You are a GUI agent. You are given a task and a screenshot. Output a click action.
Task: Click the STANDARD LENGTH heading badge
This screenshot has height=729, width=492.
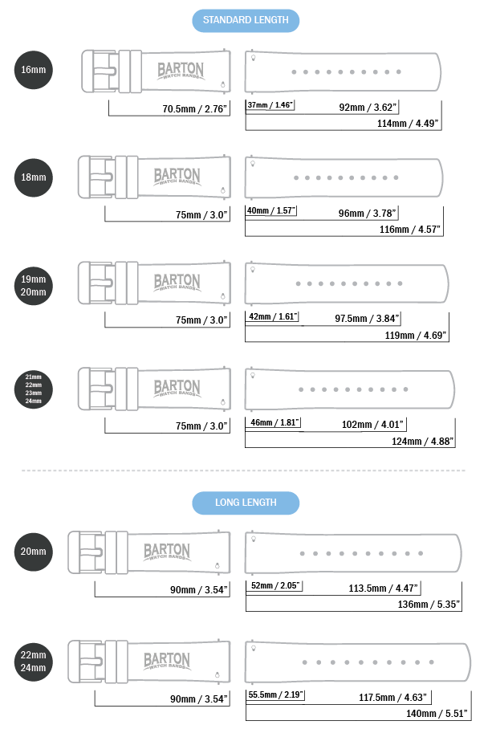(246, 20)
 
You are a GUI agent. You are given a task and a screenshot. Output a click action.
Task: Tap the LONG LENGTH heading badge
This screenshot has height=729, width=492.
(246, 503)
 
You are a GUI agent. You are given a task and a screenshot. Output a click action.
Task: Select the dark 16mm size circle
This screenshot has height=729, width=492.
(34, 70)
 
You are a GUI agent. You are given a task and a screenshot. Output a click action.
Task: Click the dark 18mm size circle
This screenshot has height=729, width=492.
(34, 177)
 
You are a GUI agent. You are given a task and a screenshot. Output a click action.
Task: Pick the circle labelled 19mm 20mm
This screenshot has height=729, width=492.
(34, 286)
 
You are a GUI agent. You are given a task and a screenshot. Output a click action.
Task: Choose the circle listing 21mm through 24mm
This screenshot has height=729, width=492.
(34, 389)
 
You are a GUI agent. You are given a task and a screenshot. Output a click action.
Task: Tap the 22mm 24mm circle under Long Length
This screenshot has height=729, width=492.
(34, 662)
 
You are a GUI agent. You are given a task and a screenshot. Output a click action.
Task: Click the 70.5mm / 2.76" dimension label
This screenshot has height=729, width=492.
(195, 109)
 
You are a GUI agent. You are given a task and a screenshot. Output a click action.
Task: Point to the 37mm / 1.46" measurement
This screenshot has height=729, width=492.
(270, 105)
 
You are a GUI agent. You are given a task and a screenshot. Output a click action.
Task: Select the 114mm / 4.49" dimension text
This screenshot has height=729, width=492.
(408, 123)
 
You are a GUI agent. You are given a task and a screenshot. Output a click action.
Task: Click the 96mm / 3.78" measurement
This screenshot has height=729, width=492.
(367, 214)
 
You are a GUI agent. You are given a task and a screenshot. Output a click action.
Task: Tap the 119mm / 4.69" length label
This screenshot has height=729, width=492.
(415, 336)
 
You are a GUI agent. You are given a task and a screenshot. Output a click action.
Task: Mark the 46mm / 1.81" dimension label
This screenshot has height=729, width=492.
(274, 422)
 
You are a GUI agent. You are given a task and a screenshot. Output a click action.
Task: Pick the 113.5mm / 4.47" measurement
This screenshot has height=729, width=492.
(384, 588)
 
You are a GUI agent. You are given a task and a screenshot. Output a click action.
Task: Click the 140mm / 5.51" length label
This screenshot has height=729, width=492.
(437, 713)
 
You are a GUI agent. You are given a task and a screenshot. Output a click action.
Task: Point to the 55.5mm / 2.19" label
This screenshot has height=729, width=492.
(275, 694)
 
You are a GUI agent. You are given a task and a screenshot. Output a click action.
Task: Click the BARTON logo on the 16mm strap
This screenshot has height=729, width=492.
(181, 71)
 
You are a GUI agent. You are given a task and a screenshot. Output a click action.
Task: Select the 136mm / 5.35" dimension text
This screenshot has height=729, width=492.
(429, 605)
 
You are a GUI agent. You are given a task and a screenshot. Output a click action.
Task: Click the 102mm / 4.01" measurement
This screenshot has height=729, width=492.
(372, 425)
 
